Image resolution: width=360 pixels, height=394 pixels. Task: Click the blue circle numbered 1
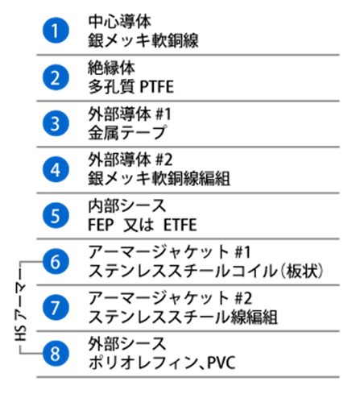56,31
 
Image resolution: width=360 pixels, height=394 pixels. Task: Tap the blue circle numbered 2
56,77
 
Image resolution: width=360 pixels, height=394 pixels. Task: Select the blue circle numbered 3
56,123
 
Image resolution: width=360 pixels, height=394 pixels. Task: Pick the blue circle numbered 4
56,169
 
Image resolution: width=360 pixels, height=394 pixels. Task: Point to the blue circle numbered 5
56,215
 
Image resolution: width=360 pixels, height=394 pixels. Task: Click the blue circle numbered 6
56,261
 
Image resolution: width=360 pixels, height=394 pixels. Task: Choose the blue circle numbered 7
56,307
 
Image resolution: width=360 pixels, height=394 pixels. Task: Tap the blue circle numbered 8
56,353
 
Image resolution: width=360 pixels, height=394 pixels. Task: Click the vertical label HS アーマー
20,312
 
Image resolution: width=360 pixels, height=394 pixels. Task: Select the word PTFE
157,87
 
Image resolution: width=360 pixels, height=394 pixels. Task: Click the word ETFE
180,225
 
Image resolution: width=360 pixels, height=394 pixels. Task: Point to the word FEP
101,225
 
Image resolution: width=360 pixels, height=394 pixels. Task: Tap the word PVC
221,363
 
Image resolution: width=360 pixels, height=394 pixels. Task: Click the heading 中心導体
120,22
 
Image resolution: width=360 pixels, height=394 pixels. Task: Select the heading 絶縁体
112,68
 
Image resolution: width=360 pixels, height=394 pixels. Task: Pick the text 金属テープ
127,133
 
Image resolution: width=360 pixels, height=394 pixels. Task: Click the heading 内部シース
127,205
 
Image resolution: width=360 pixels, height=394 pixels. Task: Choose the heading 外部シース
127,343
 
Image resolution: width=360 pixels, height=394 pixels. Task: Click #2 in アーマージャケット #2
243,298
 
